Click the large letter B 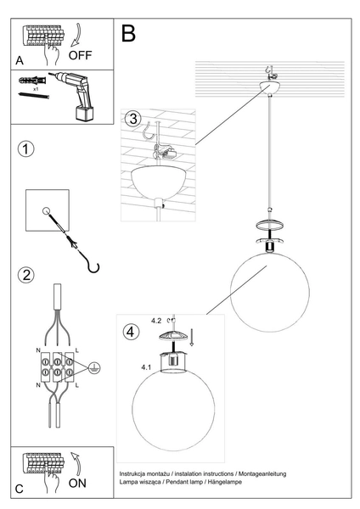[x=129, y=34]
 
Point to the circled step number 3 [x=131, y=118]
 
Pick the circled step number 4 [x=130, y=332]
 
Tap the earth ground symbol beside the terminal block [x=94, y=367]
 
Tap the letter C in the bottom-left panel [x=20, y=489]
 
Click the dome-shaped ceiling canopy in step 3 [x=160, y=182]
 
